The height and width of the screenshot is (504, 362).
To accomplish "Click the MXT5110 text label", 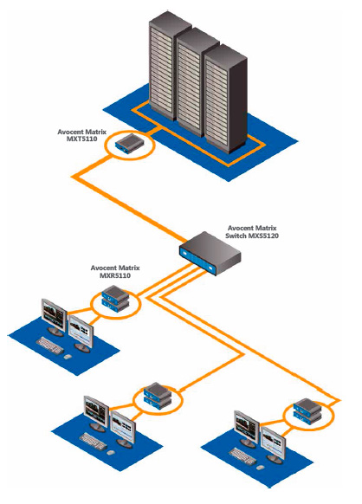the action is pyautogui.click(x=81, y=139).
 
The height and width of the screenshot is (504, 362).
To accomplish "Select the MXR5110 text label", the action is pyautogui.click(x=115, y=275).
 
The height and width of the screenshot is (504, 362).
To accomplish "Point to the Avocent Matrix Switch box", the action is pyautogui.click(x=210, y=253).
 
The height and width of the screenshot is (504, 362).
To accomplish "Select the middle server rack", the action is pyautogui.click(x=197, y=82).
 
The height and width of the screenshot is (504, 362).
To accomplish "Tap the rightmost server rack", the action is pyautogui.click(x=225, y=98).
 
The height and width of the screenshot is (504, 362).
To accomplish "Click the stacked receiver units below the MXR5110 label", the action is pyautogui.click(x=115, y=299).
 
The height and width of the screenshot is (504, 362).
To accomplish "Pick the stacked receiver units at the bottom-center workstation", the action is pyautogui.click(x=158, y=396).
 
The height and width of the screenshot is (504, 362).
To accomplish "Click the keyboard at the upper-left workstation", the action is pyautogui.click(x=49, y=346).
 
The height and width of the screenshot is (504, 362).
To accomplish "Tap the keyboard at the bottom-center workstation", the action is pyautogui.click(x=93, y=442).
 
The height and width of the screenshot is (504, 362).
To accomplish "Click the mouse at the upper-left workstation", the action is pyautogui.click(x=67, y=357).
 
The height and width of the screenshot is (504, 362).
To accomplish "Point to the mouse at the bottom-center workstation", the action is pyautogui.click(x=110, y=453).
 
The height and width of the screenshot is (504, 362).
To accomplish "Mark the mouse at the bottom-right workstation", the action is pyautogui.click(x=261, y=467).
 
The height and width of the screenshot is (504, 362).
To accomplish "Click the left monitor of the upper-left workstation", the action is pyautogui.click(x=54, y=317).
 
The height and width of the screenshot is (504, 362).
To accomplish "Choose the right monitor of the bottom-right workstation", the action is pyautogui.click(x=274, y=445).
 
